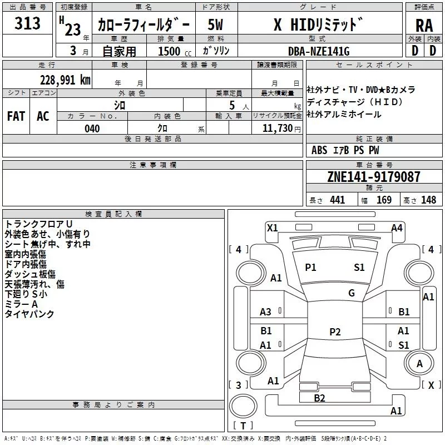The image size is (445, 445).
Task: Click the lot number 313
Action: [x=28, y=23]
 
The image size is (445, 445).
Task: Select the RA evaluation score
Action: [x=424, y=25]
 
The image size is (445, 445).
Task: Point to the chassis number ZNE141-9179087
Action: [x=373, y=177]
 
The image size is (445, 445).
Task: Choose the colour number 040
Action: [x=92, y=128]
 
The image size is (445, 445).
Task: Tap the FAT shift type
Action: [x=16, y=116]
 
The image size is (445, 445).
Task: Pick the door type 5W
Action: [x=215, y=24]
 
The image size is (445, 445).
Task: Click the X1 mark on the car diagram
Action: [x=273, y=228]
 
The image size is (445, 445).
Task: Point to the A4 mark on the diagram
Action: [x=397, y=228]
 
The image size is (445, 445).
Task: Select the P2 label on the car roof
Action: [x=335, y=332]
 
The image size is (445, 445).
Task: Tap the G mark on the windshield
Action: [x=352, y=293]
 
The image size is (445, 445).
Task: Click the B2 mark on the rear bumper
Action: [x=319, y=398]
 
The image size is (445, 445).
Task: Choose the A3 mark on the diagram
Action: [x=266, y=312]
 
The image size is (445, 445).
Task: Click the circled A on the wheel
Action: [x=420, y=363]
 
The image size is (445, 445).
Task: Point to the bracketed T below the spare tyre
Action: [x=243, y=426]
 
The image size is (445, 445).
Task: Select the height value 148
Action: [x=428, y=200]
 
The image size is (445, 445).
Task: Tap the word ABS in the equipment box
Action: [x=319, y=150]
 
